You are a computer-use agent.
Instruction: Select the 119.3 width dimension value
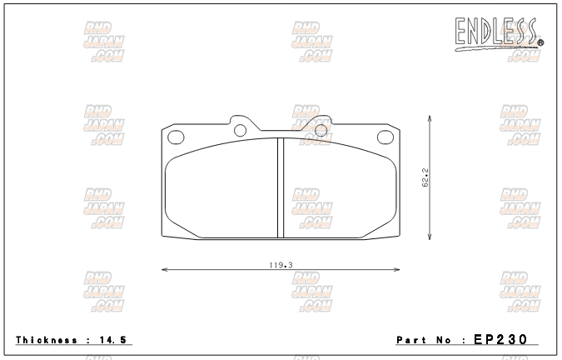point(281,264)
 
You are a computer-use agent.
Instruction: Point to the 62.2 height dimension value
point(424,178)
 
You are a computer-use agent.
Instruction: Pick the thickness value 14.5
point(115,340)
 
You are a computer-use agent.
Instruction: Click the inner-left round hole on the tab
point(241,129)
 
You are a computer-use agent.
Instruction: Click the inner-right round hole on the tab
point(321,129)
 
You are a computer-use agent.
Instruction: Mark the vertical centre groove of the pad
point(281,187)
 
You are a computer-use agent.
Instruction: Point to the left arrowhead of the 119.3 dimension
point(163,270)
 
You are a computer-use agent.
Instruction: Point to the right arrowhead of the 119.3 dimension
point(397,270)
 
